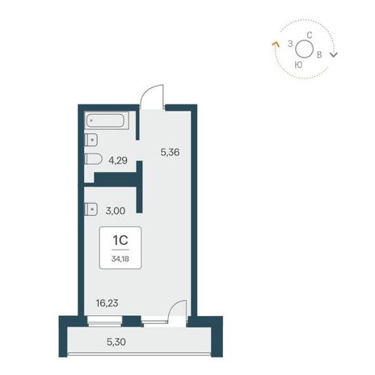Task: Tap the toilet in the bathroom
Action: pyautogui.click(x=93, y=159)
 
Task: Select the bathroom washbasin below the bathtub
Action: pyautogui.click(x=91, y=140)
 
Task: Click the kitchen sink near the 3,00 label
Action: pyautogui.click(x=91, y=209)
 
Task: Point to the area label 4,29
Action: pyautogui.click(x=118, y=161)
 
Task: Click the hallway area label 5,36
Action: pyautogui.click(x=170, y=153)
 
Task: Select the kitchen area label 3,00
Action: pyautogui.click(x=116, y=211)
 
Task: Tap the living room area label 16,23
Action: pyautogui.click(x=107, y=303)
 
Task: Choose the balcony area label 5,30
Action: pyautogui.click(x=116, y=342)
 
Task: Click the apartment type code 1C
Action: pyautogui.click(x=120, y=240)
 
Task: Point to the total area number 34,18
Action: pyautogui.click(x=120, y=259)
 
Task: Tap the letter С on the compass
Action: pyautogui.click(x=310, y=35)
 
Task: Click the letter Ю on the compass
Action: pyautogui.click(x=298, y=65)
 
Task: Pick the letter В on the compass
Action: pyautogui.click(x=319, y=55)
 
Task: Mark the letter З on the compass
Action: pyautogui.click(x=290, y=44)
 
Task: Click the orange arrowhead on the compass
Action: pyautogui.click(x=276, y=44)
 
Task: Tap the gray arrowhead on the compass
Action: pyautogui.click(x=334, y=55)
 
